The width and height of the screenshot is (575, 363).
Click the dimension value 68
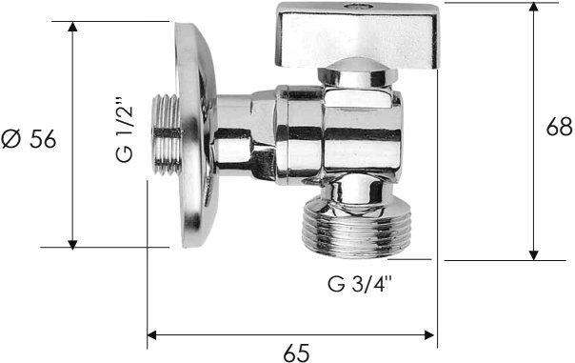pos(559,127)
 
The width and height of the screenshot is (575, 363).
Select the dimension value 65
pos(296,353)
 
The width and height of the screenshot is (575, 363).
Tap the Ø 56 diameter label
pos(29,139)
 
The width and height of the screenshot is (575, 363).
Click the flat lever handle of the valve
pos(357,35)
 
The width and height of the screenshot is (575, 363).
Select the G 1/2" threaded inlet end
pos(166,134)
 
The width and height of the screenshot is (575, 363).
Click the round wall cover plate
pos(195,134)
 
